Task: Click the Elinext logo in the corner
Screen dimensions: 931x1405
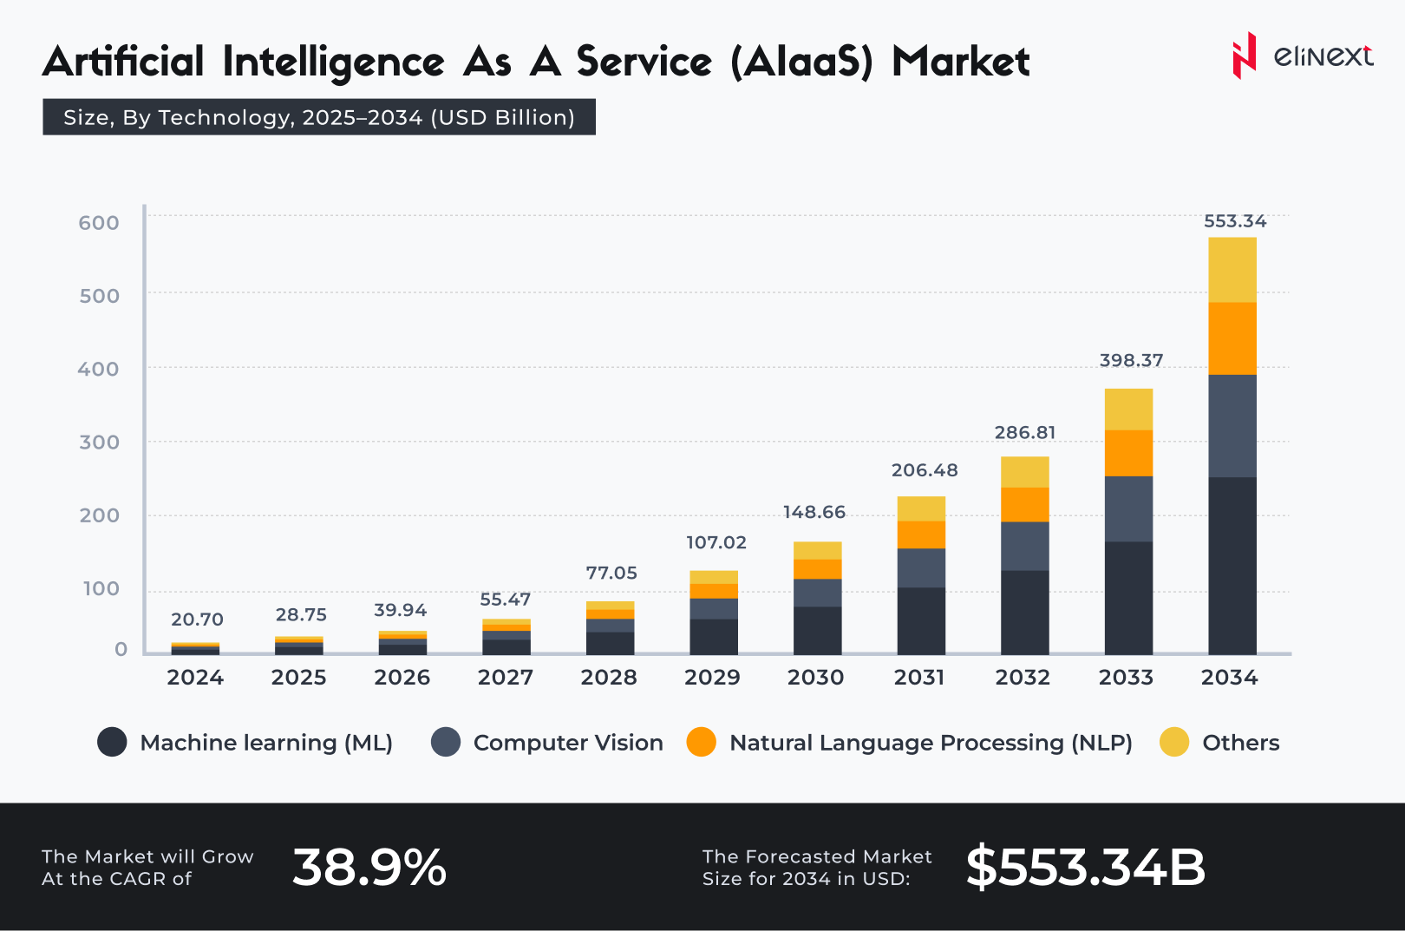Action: [1302, 56]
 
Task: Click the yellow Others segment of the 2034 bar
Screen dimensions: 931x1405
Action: [1232, 270]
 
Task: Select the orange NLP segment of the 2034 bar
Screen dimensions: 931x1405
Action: [1232, 338]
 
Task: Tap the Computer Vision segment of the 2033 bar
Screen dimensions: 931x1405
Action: [1128, 508]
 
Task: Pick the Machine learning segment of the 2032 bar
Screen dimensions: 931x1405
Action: [1024, 612]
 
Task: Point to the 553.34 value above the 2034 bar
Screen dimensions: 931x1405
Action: [1235, 221]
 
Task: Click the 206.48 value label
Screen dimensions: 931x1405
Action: [925, 470]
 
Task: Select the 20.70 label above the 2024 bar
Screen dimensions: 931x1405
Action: [197, 620]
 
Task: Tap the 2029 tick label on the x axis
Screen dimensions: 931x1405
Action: [712, 678]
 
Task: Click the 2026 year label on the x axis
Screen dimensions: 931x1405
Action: [402, 678]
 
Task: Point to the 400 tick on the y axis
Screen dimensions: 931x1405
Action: [98, 370]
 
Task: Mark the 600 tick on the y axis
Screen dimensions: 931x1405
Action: [99, 223]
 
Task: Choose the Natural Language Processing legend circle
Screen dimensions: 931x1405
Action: [701, 742]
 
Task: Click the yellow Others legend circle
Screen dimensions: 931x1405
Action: [1174, 742]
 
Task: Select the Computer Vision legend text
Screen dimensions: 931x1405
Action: [568, 743]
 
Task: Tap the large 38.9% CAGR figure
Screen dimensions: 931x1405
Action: [369, 868]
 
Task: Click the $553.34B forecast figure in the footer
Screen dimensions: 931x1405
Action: [1085, 868]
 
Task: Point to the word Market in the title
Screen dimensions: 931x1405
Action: [960, 62]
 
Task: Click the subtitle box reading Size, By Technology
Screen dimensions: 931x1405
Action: [319, 117]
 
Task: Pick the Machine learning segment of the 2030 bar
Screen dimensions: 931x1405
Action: [817, 630]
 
